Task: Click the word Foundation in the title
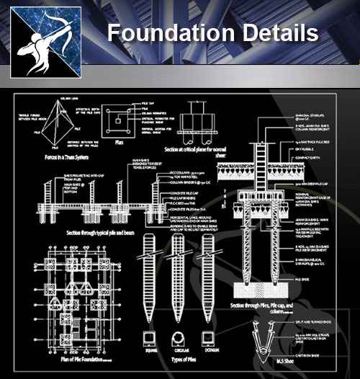pyautogui.click(x=161, y=33)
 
